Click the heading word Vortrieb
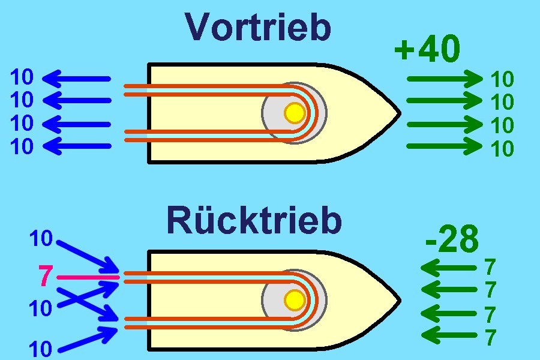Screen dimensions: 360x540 tap(258, 28)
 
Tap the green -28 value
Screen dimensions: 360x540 tap(452, 239)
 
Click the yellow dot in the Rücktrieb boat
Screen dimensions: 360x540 tap(295, 299)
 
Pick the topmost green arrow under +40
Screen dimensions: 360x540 tap(445, 78)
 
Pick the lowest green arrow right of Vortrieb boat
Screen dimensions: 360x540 tap(445, 146)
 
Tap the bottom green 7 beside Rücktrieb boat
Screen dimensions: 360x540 tap(490, 338)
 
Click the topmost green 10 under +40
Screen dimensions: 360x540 tap(502, 79)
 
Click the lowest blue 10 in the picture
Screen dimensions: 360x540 tap(40, 349)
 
